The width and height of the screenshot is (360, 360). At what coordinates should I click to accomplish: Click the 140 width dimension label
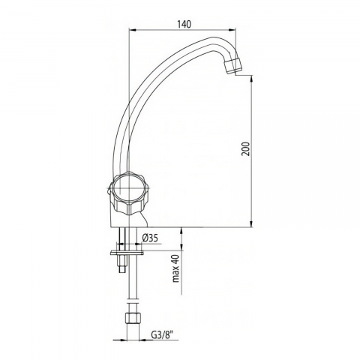click(x=184, y=24)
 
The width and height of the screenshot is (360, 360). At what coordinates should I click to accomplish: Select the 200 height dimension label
click(x=246, y=148)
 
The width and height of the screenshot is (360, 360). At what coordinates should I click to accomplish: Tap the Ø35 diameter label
click(x=150, y=238)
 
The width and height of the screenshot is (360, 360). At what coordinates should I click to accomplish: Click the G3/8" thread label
click(x=162, y=334)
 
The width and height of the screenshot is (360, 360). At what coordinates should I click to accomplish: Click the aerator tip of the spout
click(x=233, y=66)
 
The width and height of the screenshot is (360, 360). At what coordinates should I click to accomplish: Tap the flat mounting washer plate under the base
click(x=127, y=253)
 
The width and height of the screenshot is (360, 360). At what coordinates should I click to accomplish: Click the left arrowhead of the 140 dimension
click(x=132, y=30)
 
